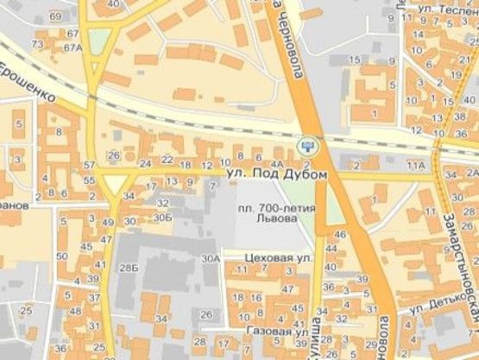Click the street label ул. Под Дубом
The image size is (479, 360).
[x=278, y=175]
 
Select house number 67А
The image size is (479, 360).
[x=73, y=48]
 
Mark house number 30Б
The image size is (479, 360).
[x=163, y=217]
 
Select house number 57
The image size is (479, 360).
[x=90, y=164]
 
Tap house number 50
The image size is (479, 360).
[x=60, y=256]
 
